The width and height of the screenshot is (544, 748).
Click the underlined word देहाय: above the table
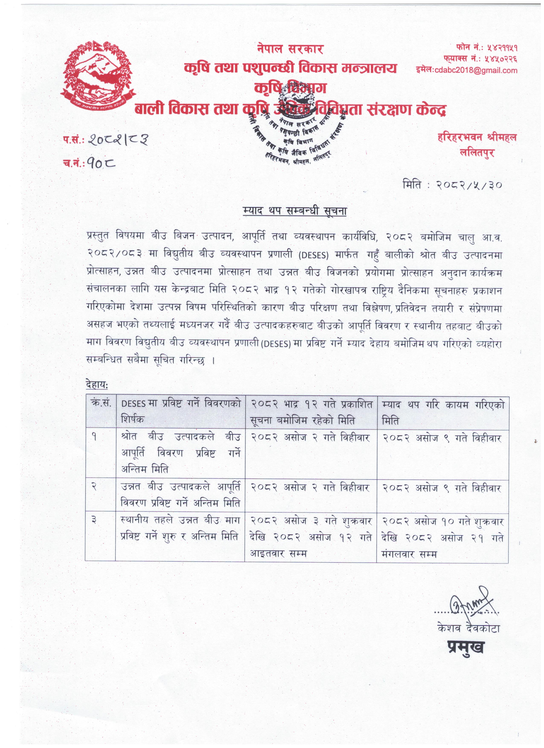pyautogui.click(x=97, y=385)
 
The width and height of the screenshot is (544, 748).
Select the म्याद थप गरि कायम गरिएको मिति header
pyautogui.click(x=442, y=412)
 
